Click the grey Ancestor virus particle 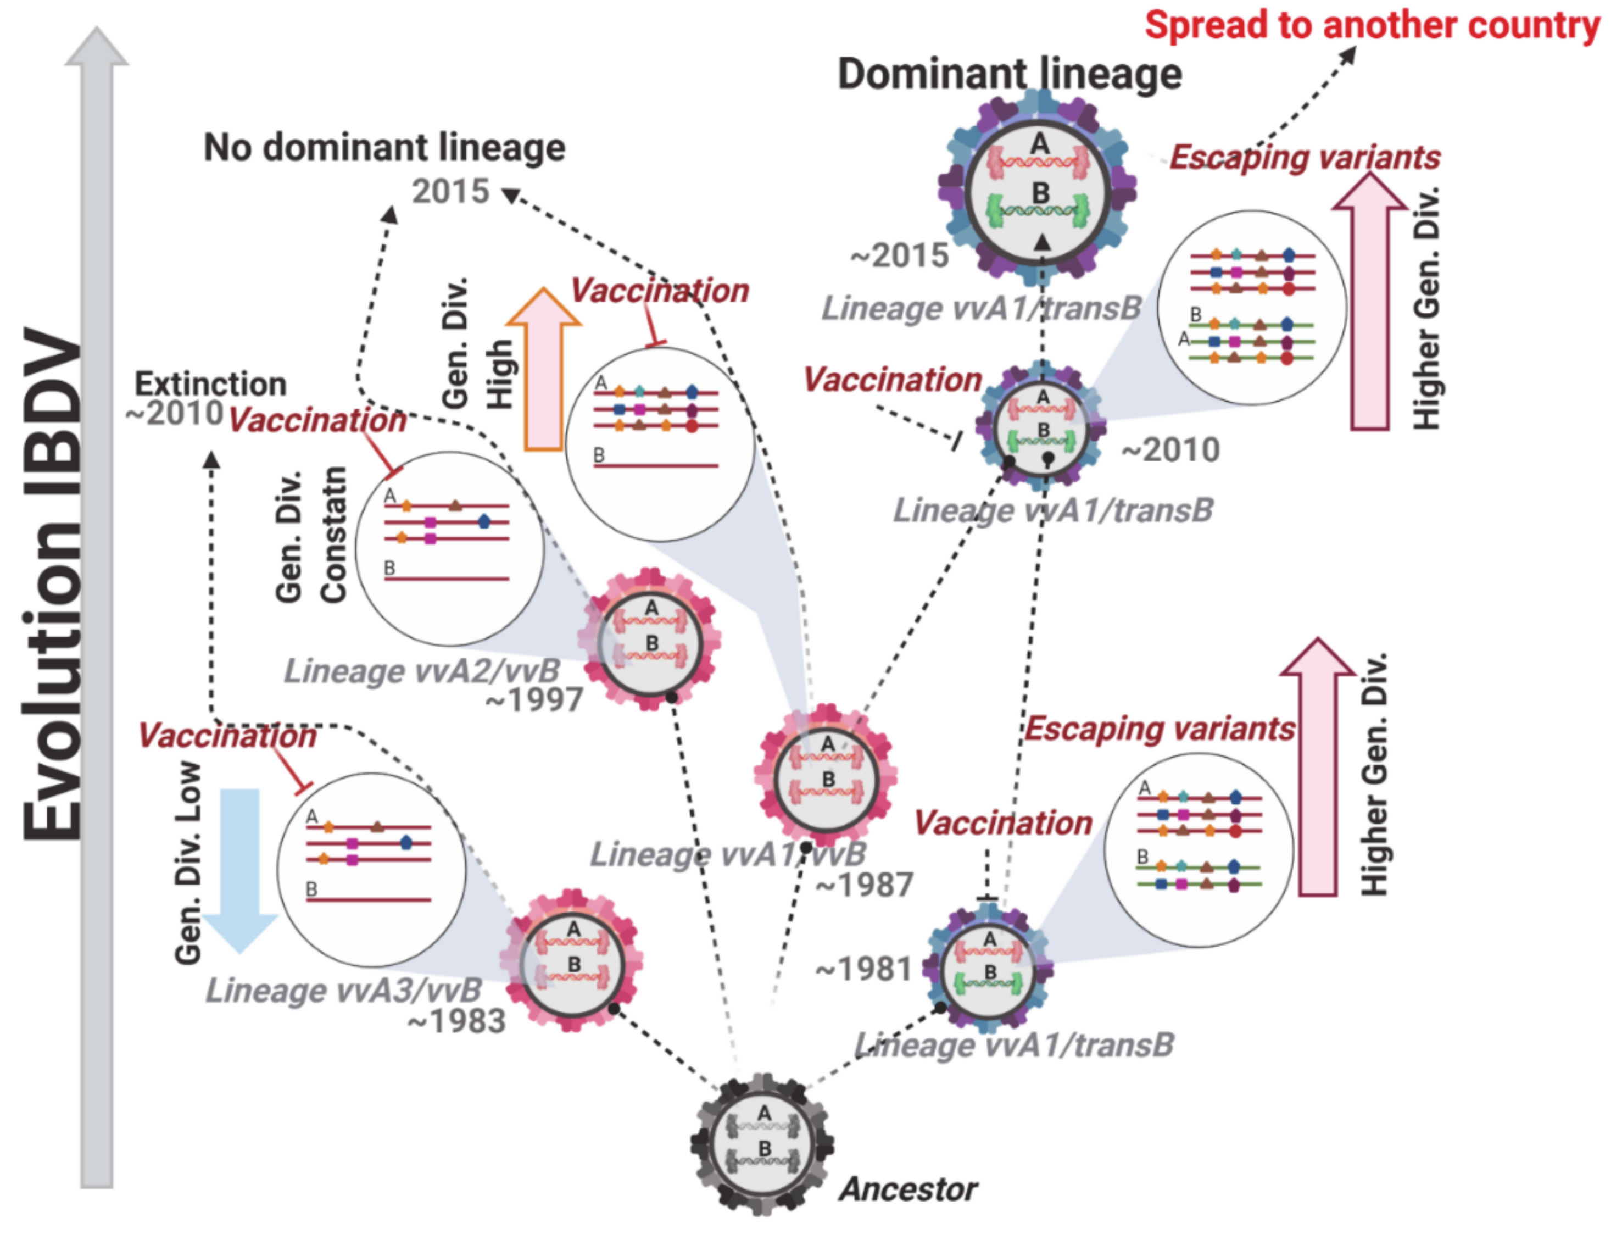(x=763, y=1144)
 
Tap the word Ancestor (x=907, y=1189)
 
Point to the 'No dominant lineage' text (x=384, y=148)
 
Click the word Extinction (x=210, y=385)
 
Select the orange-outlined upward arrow (x=544, y=369)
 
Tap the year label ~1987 (x=864, y=884)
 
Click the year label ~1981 (x=863, y=969)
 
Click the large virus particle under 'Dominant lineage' (x=1037, y=189)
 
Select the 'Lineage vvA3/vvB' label (x=343, y=991)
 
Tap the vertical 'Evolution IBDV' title (x=52, y=583)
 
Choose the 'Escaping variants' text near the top (x=1305, y=157)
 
